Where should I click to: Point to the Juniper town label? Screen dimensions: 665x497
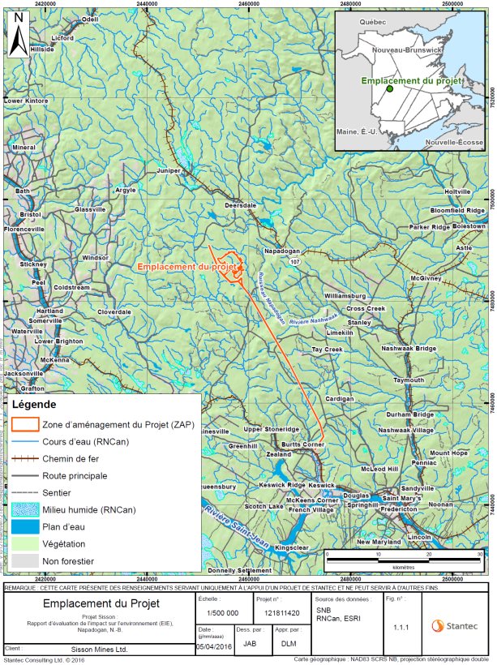coord(169,171)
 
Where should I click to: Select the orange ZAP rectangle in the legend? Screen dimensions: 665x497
coord(25,424)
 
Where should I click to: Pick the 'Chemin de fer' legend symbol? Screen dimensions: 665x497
coord(25,458)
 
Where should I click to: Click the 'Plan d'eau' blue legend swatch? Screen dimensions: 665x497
coord(25,526)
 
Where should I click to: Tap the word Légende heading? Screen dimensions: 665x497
coord(34,404)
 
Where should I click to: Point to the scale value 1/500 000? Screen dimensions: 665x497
coord(218,613)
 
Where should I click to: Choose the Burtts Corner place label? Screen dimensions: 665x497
coord(303,445)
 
